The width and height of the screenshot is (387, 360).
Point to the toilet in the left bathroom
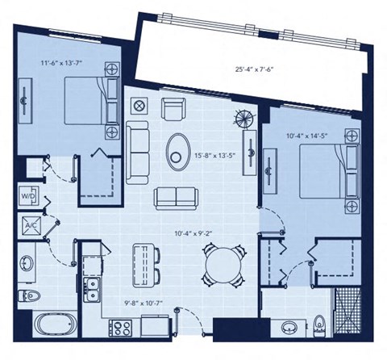pyautogui.click(x=29, y=295)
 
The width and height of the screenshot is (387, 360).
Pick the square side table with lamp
pyautogui.click(x=139, y=106)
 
